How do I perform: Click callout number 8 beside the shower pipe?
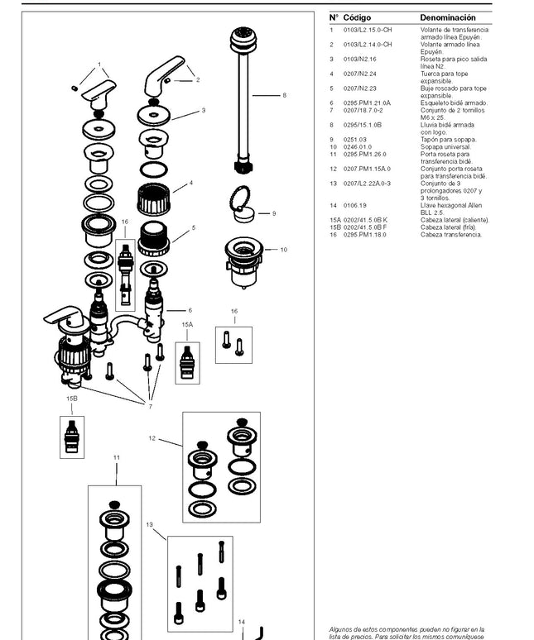coord(284,96)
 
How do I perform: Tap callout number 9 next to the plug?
coord(274,213)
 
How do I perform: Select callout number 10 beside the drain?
coord(283,249)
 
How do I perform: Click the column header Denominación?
coord(448,17)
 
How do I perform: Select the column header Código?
coord(358,17)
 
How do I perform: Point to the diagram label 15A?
coord(187,325)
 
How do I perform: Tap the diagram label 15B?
coord(72,398)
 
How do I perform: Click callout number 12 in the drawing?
coord(152,438)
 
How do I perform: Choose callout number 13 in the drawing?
coord(150,523)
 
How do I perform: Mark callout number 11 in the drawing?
coord(117,457)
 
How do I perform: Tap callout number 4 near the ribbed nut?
coord(190,183)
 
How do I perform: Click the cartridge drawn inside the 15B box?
coord(72,437)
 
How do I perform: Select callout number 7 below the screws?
coord(150,406)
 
